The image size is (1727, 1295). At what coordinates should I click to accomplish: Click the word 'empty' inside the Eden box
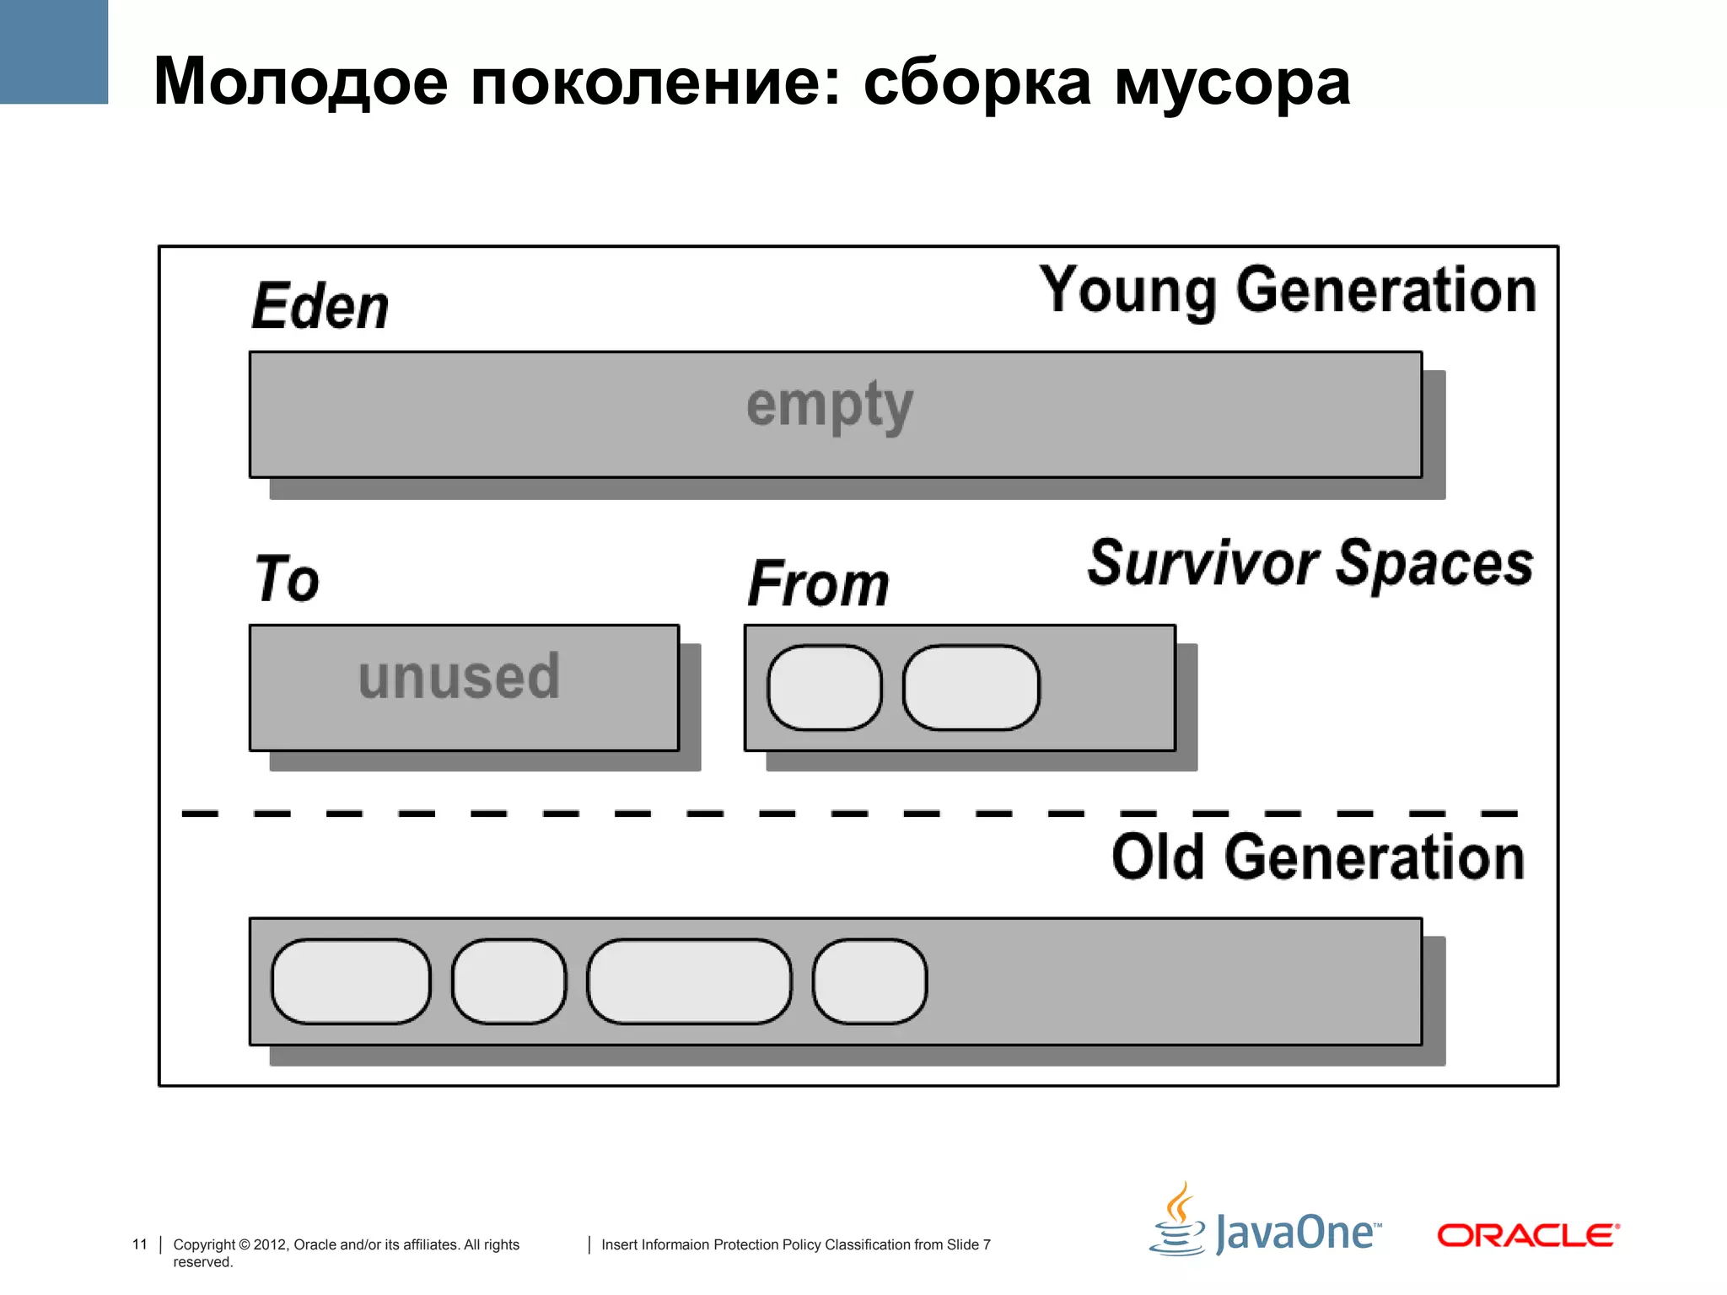point(830,406)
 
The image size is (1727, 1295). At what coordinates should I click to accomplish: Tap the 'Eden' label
point(320,306)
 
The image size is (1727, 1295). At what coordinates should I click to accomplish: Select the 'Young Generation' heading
point(1287,291)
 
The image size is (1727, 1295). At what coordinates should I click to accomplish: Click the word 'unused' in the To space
point(459,677)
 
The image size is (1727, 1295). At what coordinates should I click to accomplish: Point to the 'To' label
point(288,579)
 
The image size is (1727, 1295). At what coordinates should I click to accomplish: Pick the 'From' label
point(818,583)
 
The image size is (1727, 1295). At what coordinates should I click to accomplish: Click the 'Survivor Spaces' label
point(1310,563)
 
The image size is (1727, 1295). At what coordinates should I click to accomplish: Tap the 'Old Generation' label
point(1318,857)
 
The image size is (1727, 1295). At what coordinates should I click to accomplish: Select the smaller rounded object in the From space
point(824,688)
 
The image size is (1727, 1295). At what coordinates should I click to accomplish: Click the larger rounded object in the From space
point(971,688)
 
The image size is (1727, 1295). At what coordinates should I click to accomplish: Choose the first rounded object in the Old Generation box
point(351,981)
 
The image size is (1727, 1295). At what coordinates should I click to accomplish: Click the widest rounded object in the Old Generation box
point(689,981)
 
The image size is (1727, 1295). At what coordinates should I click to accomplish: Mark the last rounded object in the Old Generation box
point(869,981)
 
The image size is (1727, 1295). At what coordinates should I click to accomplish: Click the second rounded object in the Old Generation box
point(508,981)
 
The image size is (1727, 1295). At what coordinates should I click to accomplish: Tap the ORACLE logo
point(1527,1236)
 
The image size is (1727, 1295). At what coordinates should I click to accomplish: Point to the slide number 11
point(140,1244)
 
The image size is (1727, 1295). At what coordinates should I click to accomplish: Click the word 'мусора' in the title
point(1232,83)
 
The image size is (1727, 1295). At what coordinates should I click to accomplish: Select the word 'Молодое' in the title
point(300,83)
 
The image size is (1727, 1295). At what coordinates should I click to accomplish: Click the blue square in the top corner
point(54,51)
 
